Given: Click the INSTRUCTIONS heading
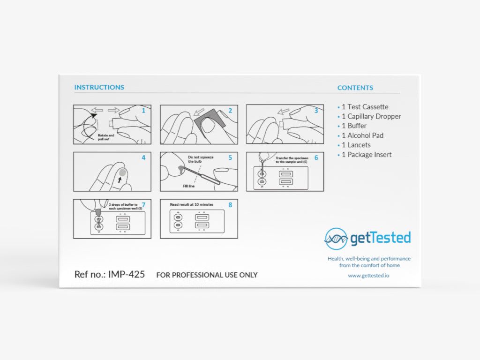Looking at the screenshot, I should (x=99, y=87).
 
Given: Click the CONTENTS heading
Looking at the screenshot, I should (x=355, y=88).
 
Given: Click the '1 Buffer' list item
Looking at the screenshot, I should (x=354, y=126).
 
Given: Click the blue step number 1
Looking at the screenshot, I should (x=143, y=111).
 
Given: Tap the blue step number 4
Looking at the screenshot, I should (x=143, y=158).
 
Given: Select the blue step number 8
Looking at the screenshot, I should (x=230, y=205).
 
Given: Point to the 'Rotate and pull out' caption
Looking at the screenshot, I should (x=105, y=137).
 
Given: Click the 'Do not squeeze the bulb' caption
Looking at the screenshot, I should (x=201, y=159).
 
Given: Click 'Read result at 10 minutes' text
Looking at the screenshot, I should (x=192, y=205).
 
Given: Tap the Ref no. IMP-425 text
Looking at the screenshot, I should (x=109, y=274).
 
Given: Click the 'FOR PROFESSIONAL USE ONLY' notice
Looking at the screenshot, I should (x=207, y=275).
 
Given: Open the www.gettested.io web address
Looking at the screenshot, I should (x=368, y=276).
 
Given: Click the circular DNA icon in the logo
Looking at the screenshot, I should (x=336, y=239).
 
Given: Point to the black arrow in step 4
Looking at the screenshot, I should (x=120, y=180).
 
